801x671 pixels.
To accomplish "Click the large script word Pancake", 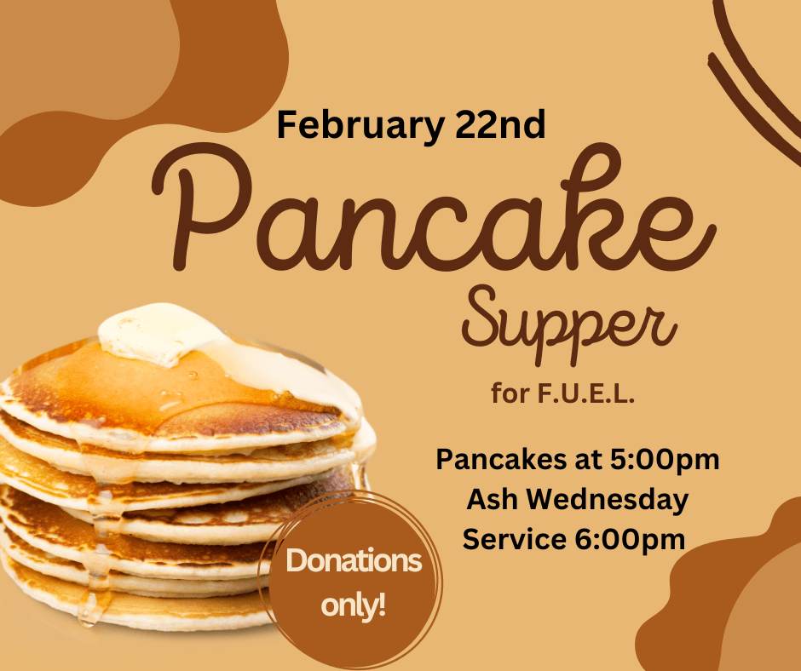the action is point(434,207).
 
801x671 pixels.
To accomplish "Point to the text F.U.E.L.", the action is point(585,393).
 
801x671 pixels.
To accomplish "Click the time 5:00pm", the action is point(665,460).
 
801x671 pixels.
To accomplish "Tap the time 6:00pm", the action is point(630,540).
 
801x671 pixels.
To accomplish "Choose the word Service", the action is point(515,540).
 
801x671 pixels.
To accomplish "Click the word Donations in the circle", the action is point(354,560).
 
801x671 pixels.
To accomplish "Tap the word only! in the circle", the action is point(353,605).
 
